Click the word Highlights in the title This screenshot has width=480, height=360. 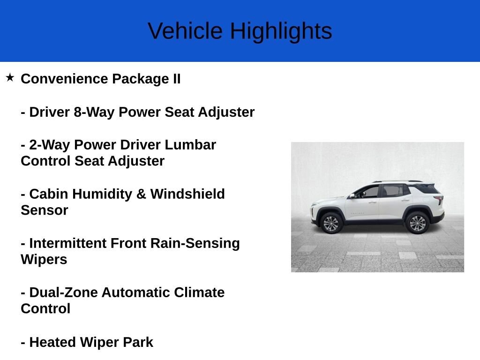click(x=281, y=32)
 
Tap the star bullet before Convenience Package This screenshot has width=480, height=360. click(x=10, y=77)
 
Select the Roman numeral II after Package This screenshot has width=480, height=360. click(x=177, y=79)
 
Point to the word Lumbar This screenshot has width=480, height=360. click(x=190, y=145)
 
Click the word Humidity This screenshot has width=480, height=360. click(x=102, y=194)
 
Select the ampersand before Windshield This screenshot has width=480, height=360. click(x=141, y=194)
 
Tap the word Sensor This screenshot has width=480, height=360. click(x=45, y=210)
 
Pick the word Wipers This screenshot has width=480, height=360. click(x=44, y=260)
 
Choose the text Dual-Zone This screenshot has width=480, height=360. click(x=63, y=292)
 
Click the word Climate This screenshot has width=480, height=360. click(x=199, y=292)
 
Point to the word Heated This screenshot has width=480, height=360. click(x=52, y=342)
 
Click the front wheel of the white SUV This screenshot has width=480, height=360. click(x=331, y=223)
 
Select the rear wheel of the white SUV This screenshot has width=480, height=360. click(x=418, y=223)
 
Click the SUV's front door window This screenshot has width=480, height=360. click(x=368, y=192)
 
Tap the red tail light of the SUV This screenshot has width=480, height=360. click(x=440, y=199)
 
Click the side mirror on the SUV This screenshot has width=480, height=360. click(x=352, y=196)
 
